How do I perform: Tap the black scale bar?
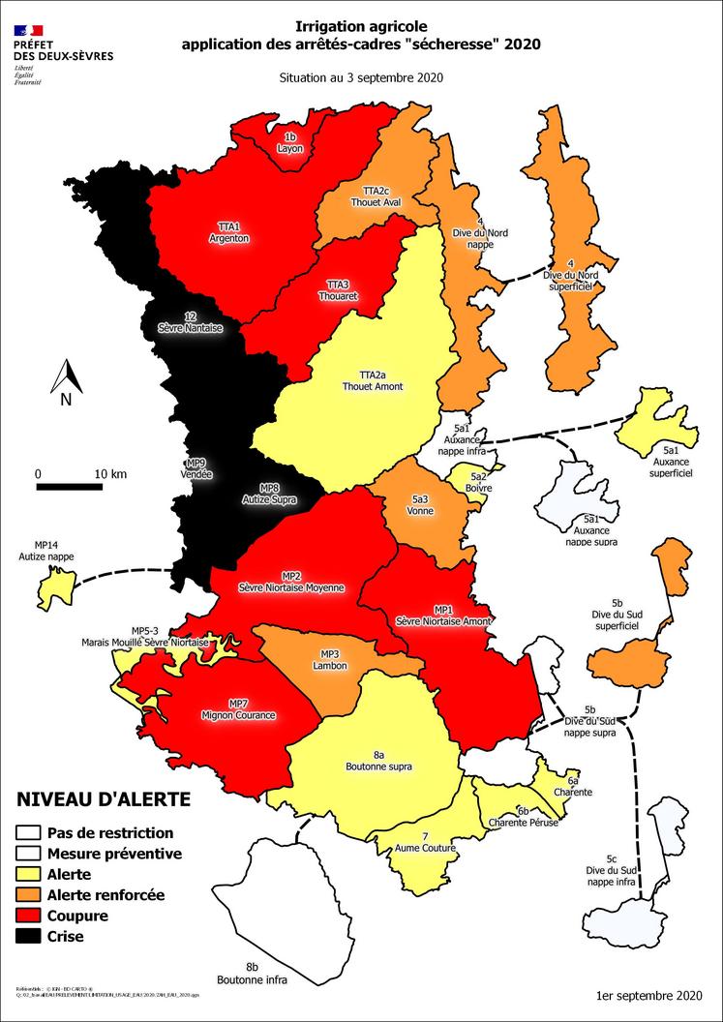70,487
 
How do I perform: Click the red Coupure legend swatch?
30,916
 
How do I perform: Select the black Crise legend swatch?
30,936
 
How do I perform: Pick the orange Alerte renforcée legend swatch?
30,895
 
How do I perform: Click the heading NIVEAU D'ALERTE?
104,799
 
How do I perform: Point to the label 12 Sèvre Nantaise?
190,323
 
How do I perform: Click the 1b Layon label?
289,144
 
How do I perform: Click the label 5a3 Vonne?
420,505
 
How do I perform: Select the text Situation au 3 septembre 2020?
361,78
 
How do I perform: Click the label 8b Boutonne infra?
251,973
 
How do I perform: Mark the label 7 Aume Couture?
425,842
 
